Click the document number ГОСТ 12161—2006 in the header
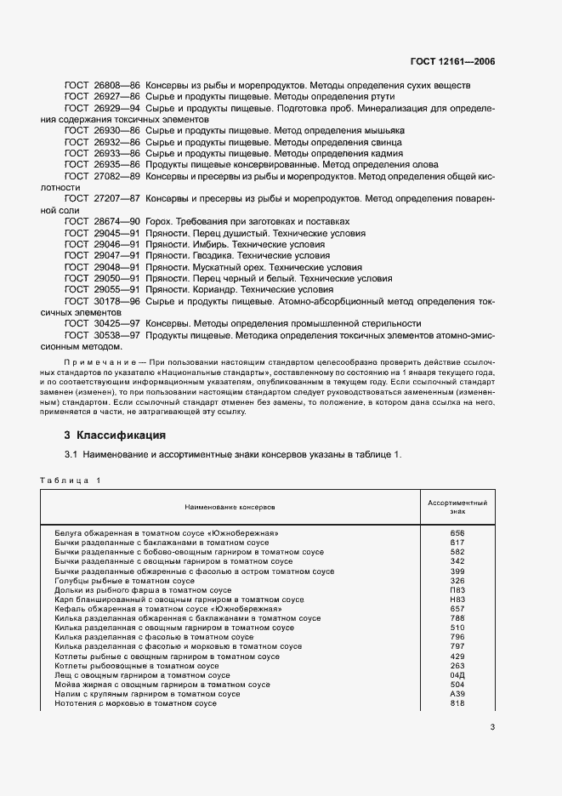(452, 62)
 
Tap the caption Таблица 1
(71, 480)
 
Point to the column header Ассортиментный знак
(457, 508)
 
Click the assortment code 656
(457, 532)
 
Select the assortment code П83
(457, 589)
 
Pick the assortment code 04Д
(457, 674)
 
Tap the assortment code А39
(457, 694)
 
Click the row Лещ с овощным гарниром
(135, 674)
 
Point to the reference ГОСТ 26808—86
(102, 86)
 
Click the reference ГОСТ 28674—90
(102, 221)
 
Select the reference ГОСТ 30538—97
(102, 335)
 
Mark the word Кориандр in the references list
(209, 289)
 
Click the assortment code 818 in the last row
(457, 703)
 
